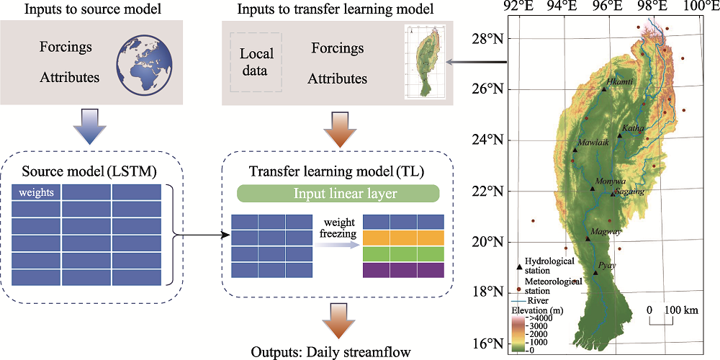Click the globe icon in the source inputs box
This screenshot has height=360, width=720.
coord(144,63)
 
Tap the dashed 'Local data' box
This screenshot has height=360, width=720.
coord(257,62)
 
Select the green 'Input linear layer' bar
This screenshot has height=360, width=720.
coord(338,194)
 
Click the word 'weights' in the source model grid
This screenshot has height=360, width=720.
coord(36,192)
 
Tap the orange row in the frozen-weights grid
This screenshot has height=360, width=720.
coord(404,238)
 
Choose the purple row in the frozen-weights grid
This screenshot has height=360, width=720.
coord(404,270)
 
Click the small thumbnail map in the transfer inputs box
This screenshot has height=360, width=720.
coord(426,61)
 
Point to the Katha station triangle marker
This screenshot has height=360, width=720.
coord(620,135)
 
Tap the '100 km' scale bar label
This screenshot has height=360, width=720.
coord(683,310)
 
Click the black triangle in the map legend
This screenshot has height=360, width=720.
coord(519,266)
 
